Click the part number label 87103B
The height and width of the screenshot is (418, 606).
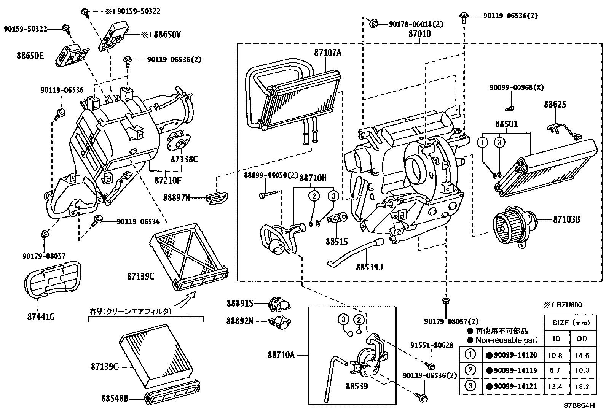[566, 219]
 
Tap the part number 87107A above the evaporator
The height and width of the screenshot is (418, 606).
[328, 53]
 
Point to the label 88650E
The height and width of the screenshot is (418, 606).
[30, 56]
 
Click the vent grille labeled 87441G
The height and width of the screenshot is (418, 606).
[52, 279]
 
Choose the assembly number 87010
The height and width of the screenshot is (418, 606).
[419, 34]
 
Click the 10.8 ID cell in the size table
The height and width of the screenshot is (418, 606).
[555, 356]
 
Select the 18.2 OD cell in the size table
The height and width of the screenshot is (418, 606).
[582, 387]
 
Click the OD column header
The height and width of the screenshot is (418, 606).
[582, 339]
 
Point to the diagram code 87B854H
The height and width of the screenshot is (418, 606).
[579, 405]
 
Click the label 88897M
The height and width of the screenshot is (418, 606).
[176, 198]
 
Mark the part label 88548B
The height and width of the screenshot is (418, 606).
[115, 398]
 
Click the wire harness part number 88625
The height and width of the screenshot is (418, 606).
[555, 104]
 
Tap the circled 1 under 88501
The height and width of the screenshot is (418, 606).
[482, 142]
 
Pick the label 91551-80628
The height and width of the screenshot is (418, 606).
[432, 345]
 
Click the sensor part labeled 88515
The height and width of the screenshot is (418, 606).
[337, 218]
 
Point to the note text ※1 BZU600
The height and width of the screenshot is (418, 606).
[563, 305]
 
